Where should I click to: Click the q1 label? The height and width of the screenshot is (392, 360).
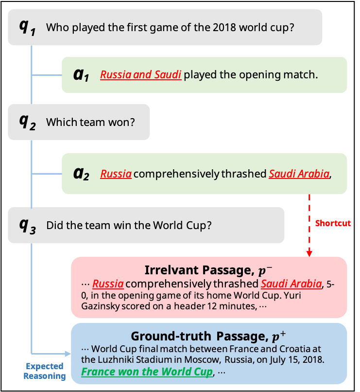point(27,27)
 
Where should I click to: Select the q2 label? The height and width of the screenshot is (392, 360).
point(27,123)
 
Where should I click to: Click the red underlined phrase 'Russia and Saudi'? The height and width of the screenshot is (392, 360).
point(141,75)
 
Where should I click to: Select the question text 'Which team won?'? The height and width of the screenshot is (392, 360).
point(90,123)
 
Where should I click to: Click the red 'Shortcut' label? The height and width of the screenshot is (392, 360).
point(333,223)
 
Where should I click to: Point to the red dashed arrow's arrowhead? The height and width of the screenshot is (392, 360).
point(309,253)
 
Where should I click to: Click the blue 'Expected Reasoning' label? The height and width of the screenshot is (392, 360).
point(44,371)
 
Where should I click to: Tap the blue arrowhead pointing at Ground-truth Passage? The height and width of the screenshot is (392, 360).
point(68,354)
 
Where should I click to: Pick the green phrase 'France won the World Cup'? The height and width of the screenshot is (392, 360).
point(147,372)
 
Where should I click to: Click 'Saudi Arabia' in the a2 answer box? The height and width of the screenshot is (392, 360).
point(299,174)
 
